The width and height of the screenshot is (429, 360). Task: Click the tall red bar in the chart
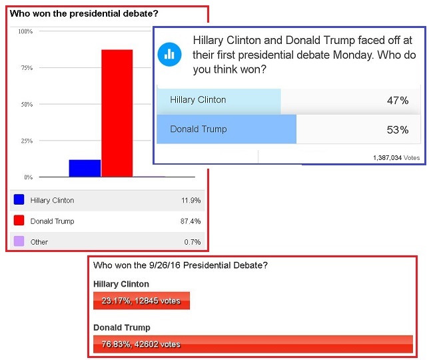click(x=117, y=113)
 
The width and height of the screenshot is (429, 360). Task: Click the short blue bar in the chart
click(x=85, y=168)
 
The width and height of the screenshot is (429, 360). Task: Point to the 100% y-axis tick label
click(x=25, y=31)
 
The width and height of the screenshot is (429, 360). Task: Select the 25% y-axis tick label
click(x=27, y=141)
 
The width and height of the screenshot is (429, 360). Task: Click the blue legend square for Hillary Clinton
click(x=19, y=199)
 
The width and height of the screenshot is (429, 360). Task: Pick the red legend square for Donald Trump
click(x=19, y=221)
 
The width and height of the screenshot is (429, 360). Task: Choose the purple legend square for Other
click(x=19, y=241)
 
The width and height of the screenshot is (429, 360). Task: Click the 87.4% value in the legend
click(x=190, y=221)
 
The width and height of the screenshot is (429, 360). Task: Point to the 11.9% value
click(x=190, y=200)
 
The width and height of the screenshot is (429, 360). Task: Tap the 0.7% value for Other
click(x=193, y=242)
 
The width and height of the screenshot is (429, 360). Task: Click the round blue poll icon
click(x=169, y=53)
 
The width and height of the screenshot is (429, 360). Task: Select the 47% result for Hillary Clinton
click(x=398, y=101)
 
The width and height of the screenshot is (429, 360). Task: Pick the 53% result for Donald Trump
click(x=398, y=130)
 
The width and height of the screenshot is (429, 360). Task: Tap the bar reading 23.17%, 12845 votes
click(x=142, y=301)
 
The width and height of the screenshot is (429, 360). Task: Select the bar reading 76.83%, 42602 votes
click(x=253, y=344)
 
